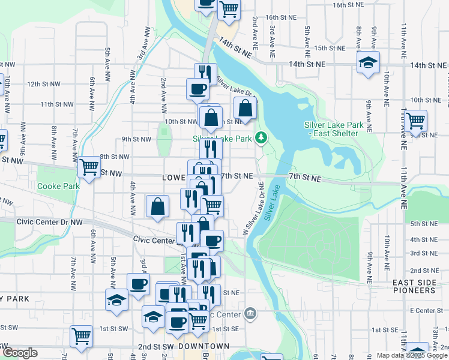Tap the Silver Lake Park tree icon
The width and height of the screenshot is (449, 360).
(261, 138)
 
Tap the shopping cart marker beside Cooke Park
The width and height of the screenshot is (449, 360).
(89, 166)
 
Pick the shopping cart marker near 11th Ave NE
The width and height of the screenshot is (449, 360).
(415, 121)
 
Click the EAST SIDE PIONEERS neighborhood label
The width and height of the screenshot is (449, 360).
(414, 285)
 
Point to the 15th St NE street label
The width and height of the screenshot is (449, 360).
(328, 48)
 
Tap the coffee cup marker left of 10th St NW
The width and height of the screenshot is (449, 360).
(197, 90)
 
